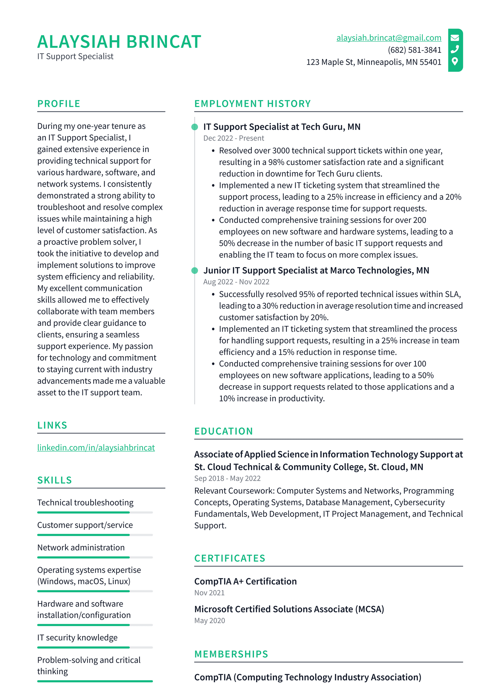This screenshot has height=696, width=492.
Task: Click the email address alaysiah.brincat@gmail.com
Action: [388, 38]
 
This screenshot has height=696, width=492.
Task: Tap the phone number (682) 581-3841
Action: [414, 50]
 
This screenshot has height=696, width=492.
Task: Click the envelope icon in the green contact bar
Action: [454, 38]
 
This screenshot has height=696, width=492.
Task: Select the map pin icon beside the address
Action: [454, 61]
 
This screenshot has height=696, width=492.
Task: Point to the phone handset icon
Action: [454, 49]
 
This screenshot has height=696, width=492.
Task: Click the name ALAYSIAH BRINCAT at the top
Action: [119, 42]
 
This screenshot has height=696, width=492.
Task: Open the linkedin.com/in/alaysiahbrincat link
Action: [96, 448]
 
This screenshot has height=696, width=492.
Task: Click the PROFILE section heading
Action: [59, 104]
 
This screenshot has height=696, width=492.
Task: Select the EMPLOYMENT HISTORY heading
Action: [252, 104]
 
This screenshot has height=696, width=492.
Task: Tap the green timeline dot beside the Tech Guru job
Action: [195, 127]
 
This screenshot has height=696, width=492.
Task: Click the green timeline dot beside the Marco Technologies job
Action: [195, 271]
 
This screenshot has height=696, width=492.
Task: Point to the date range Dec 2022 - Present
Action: [233, 138]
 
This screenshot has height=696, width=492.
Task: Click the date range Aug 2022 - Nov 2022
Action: [236, 282]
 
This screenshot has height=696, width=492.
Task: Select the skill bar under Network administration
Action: [95, 557]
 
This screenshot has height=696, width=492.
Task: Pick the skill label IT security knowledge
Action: [77, 638]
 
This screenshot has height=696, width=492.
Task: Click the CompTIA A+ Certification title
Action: [245, 581]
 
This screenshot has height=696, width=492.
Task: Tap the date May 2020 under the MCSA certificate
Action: [209, 621]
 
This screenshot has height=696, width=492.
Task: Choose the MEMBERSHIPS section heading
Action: [231, 654]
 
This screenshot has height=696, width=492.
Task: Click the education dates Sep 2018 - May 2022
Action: [227, 478]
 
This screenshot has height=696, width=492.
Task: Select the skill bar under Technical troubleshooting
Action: [95, 512]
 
